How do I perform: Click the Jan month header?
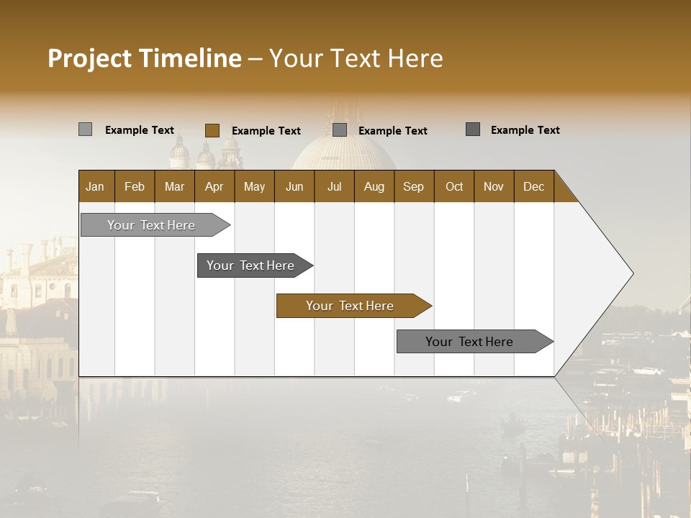click(95, 186)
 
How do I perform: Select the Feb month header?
click(135, 186)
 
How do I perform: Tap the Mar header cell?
click(174, 186)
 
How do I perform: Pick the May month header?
click(254, 186)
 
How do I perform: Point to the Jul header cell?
click(334, 186)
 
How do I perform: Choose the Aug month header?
click(374, 186)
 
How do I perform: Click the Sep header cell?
click(413, 186)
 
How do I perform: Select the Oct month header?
click(454, 186)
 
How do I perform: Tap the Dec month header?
click(533, 186)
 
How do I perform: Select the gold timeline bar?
click(350, 306)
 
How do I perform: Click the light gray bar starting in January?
click(151, 225)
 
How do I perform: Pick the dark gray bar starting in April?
click(250, 265)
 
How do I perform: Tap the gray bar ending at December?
click(469, 342)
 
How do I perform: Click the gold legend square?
click(212, 130)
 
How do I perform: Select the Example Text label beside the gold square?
click(266, 131)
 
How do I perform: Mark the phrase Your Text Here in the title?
click(356, 58)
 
